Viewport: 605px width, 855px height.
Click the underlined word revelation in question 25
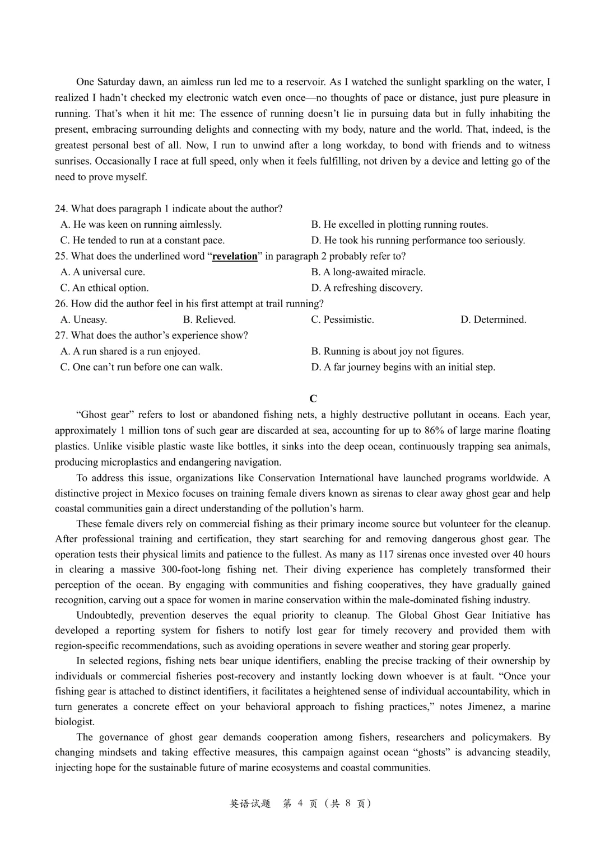tap(235, 256)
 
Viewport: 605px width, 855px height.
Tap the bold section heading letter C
tap(313, 399)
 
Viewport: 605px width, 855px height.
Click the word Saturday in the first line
tap(115, 82)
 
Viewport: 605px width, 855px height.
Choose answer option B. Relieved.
tap(209, 320)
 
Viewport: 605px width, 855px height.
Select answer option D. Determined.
tap(493, 320)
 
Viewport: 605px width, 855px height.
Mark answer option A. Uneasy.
tap(83, 320)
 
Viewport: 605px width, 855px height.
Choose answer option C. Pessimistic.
tap(342, 320)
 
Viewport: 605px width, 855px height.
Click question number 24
tap(61, 209)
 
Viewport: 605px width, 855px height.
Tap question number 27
tap(61, 335)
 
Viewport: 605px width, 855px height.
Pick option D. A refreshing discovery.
tap(366, 288)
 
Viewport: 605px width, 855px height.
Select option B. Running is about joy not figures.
tap(387, 351)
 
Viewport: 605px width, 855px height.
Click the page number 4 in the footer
tap(300, 804)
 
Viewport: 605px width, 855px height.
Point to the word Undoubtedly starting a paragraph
tap(105, 616)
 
